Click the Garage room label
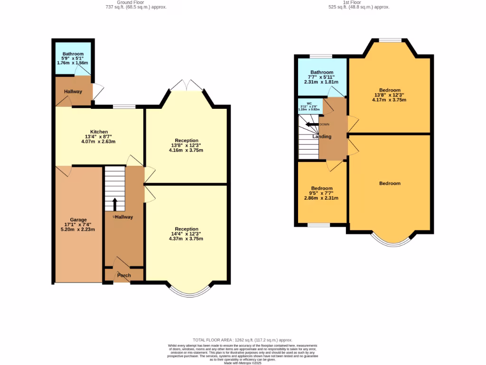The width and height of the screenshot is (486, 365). click(78, 220)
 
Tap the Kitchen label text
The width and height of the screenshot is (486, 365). click(99, 132)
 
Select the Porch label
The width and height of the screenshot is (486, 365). click(124, 275)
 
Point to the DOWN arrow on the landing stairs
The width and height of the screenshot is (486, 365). click(312, 125)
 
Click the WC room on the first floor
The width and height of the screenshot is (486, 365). click(309, 106)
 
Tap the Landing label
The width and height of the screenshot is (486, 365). click(322, 137)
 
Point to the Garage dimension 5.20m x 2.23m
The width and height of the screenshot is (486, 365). click(78, 230)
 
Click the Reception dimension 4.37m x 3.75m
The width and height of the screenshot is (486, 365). click(186, 239)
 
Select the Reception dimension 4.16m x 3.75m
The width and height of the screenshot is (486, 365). click(186, 150)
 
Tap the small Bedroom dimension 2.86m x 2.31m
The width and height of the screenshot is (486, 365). click(321, 198)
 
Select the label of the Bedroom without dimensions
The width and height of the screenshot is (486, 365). click(390, 183)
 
